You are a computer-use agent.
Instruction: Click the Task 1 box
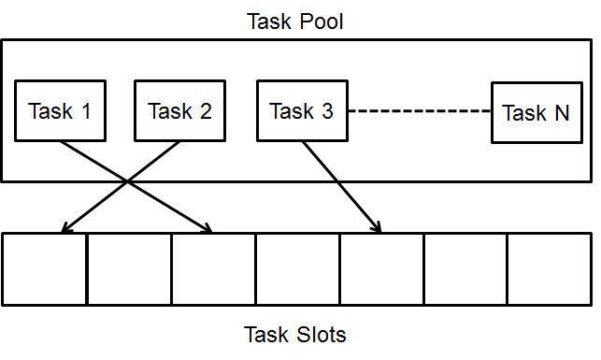pyautogui.click(x=60, y=111)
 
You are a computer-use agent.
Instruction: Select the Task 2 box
pyautogui.click(x=179, y=111)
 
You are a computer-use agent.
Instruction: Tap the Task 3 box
pyautogui.click(x=301, y=111)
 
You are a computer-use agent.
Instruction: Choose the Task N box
pyautogui.click(x=535, y=113)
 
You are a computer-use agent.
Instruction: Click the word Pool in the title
pyautogui.click(x=321, y=20)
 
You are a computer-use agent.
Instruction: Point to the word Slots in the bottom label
pyautogui.click(x=321, y=334)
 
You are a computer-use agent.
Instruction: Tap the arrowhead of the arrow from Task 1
pyautogui.click(x=208, y=227)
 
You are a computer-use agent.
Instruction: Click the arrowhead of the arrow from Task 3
pyautogui.click(x=378, y=227)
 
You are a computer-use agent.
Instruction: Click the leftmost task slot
pyautogui.click(x=44, y=268)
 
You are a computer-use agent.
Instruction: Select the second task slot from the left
pyautogui.click(x=129, y=268)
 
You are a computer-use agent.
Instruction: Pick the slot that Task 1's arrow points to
pyautogui.click(x=213, y=268)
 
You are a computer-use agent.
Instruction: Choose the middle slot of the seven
pyautogui.click(x=297, y=268)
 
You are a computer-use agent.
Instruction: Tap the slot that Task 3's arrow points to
pyautogui.click(x=381, y=268)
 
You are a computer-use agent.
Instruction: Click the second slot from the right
pyautogui.click(x=465, y=268)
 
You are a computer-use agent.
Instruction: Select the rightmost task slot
pyautogui.click(x=549, y=268)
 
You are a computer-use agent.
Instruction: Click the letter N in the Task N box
pyautogui.click(x=561, y=113)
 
